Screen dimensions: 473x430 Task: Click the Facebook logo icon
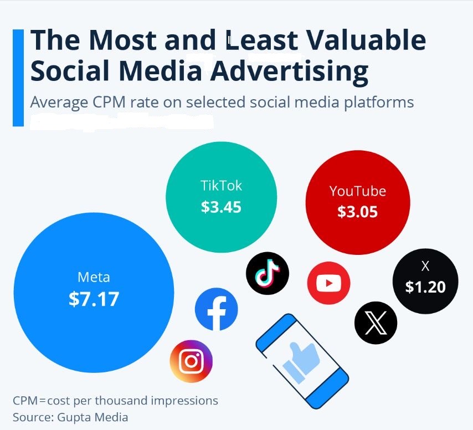click(217, 309)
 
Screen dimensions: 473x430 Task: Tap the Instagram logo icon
click(191, 361)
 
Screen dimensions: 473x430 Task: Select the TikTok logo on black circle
click(268, 273)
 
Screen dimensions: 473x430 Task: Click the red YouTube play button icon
click(329, 283)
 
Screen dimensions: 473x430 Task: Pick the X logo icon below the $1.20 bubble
click(376, 323)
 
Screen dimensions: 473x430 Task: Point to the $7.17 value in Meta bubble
click(94, 299)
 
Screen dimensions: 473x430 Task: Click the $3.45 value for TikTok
click(221, 207)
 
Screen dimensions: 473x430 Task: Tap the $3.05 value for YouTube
click(357, 212)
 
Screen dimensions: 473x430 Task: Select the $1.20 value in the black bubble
click(425, 287)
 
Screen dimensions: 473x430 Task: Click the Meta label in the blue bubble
click(94, 277)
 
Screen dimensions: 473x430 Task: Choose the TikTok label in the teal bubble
click(221, 186)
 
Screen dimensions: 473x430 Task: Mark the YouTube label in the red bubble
click(358, 191)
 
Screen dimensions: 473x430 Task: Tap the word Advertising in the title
click(289, 71)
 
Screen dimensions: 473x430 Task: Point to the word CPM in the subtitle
click(109, 102)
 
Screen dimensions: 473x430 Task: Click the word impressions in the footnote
click(184, 401)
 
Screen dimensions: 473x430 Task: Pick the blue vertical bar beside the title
click(18, 78)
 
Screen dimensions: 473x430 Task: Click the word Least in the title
click(262, 40)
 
